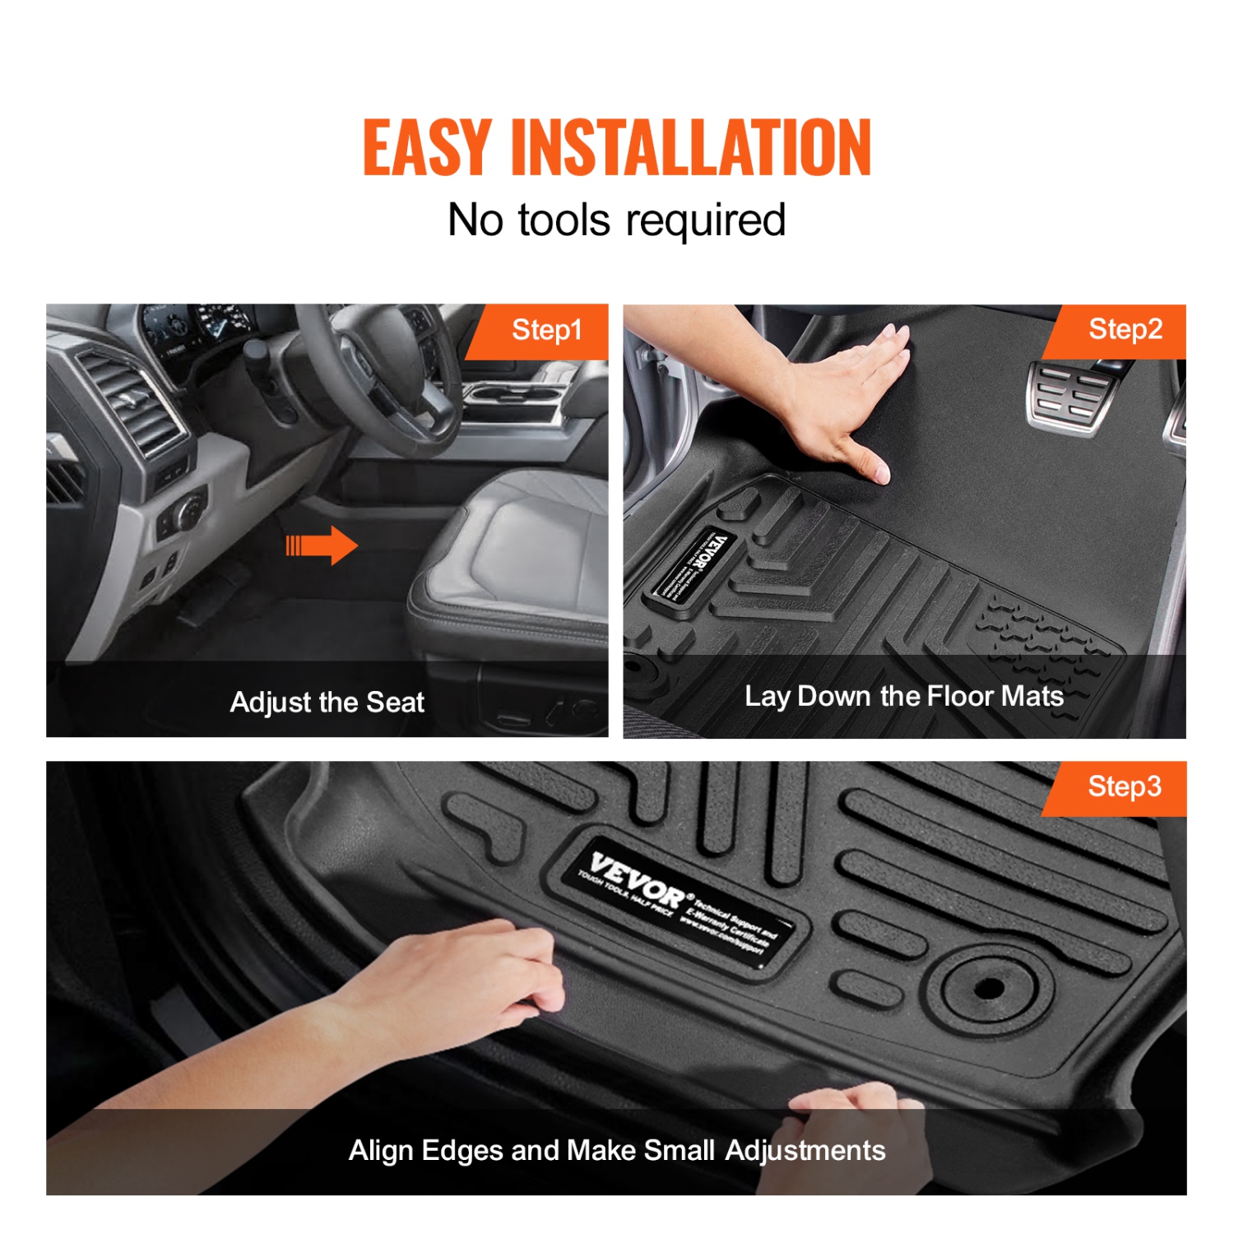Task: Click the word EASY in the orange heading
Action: click(427, 147)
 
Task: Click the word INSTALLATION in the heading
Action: click(690, 147)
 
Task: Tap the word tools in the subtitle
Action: click(564, 220)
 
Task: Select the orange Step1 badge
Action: click(543, 331)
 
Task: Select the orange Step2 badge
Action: click(1124, 330)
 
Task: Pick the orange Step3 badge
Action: click(1124, 787)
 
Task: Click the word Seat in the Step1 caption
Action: click(395, 703)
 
